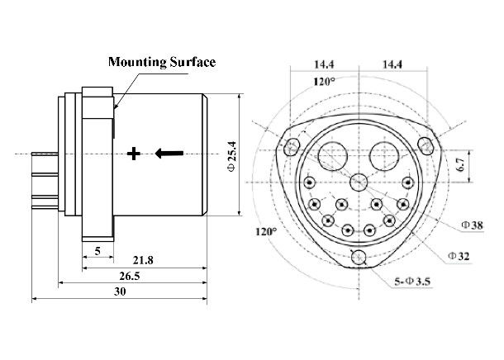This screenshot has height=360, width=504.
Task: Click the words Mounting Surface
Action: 162,62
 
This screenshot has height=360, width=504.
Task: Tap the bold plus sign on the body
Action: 133,154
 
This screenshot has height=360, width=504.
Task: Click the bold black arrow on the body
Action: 169,154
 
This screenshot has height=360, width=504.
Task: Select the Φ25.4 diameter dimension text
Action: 232,156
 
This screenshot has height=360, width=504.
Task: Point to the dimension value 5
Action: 97,250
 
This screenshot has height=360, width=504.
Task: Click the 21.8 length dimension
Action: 143,260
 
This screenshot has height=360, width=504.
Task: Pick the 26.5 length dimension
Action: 130,276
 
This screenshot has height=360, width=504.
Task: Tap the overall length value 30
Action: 120,291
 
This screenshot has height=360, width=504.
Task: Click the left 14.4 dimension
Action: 324,64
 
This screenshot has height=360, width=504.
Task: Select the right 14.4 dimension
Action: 392,64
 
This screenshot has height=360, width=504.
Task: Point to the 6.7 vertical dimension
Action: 461,165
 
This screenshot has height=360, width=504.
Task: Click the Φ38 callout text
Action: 472,225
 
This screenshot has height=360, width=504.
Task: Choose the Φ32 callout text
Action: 459,256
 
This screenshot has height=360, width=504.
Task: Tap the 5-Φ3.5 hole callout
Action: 412,282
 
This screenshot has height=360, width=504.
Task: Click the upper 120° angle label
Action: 324,82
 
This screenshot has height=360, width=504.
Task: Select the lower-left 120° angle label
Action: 266,231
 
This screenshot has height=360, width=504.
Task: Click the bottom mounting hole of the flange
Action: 359,258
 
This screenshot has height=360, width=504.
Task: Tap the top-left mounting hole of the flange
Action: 292,147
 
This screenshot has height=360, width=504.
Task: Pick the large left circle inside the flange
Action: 333,156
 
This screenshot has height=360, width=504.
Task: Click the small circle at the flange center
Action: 359,182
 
